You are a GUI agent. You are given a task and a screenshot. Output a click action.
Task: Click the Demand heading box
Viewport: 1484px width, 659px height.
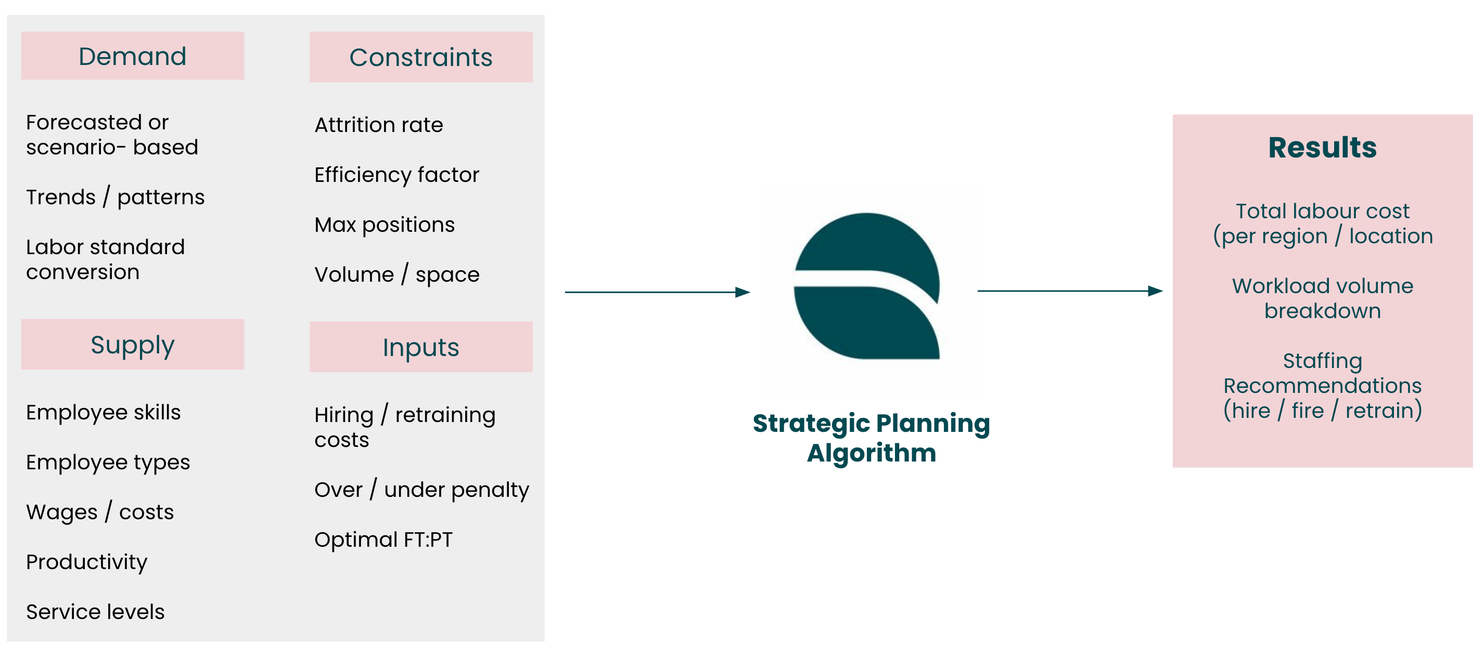click(133, 56)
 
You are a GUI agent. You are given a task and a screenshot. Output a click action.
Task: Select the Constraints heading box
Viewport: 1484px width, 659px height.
click(421, 57)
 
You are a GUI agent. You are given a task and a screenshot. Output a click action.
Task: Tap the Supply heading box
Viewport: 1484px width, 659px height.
click(133, 344)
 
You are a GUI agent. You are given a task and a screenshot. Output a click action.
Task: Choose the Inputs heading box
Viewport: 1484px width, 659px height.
click(421, 347)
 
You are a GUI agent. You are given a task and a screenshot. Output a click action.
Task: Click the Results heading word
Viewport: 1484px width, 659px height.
click(1322, 148)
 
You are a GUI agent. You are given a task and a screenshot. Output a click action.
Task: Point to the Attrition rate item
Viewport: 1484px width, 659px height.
click(378, 125)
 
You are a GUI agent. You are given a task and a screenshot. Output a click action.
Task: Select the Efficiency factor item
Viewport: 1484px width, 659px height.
click(396, 175)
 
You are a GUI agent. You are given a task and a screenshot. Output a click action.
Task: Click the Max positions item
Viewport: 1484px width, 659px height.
click(384, 225)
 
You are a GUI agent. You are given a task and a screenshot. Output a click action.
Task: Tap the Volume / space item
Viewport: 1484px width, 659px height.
click(397, 274)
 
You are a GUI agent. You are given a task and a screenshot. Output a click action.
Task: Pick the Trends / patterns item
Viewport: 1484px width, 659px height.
click(115, 197)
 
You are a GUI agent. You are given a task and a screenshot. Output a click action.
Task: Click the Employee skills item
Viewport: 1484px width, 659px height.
click(103, 412)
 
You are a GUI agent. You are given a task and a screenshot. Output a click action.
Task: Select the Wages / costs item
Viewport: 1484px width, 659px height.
click(100, 511)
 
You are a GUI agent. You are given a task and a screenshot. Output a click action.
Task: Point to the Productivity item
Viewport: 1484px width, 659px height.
click(86, 562)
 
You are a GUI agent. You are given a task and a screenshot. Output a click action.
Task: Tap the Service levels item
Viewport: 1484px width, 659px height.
click(95, 611)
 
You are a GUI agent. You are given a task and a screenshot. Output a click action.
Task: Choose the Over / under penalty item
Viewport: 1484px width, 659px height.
click(421, 489)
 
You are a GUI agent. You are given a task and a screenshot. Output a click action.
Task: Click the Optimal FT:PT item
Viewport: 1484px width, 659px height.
click(383, 539)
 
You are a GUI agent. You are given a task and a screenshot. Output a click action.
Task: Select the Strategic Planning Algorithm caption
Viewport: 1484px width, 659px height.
click(871, 438)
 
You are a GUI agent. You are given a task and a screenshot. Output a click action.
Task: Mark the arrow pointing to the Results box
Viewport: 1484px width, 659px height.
click(1070, 291)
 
